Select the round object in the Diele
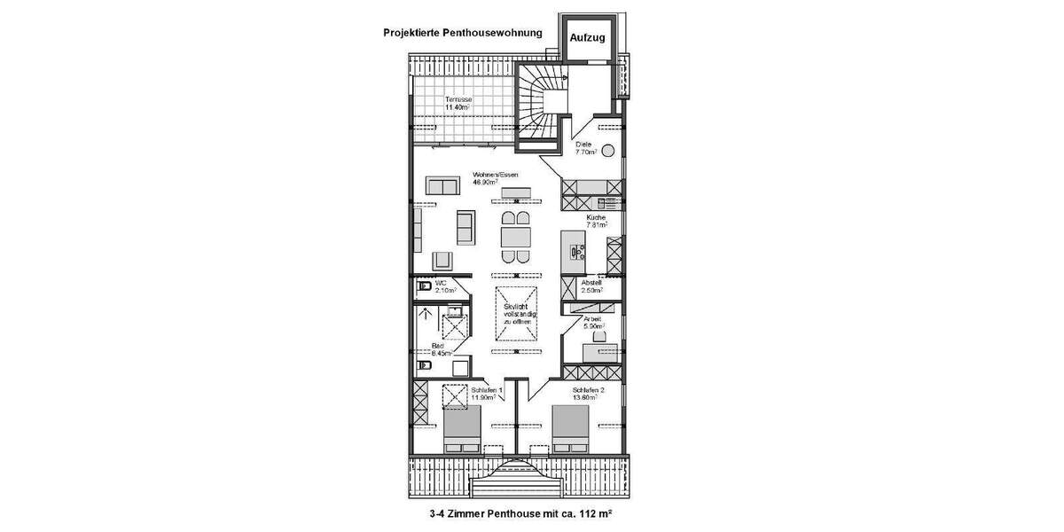(609, 149)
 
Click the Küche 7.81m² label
(595, 222)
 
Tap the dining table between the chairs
(515, 238)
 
